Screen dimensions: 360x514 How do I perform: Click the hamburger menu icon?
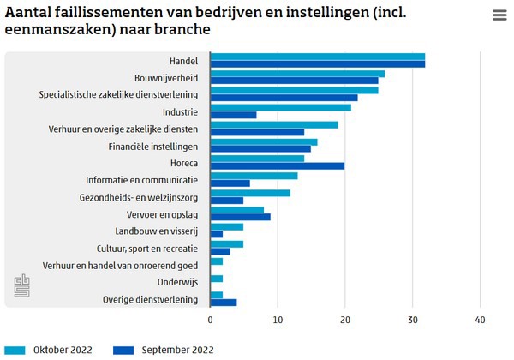click(499, 15)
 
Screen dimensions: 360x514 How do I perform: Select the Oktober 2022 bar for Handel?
click(317, 57)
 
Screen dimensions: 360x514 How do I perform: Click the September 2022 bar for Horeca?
click(277, 165)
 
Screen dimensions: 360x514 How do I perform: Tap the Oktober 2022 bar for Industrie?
click(280, 107)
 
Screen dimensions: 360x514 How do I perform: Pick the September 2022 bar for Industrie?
click(233, 115)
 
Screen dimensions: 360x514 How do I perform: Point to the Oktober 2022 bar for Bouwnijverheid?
click(297, 74)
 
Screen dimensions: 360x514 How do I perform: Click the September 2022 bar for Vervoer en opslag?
click(240, 217)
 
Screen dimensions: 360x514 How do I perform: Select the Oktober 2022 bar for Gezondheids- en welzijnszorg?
click(250, 193)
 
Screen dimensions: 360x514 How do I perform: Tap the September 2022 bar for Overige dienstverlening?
click(223, 302)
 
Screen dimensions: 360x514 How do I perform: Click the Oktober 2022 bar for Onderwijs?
click(217, 279)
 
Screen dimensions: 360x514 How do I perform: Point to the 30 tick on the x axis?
click(412, 320)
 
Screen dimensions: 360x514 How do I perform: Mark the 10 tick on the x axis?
click(278, 320)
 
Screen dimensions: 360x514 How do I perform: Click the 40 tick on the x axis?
click(480, 320)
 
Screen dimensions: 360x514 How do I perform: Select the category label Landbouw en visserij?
click(156, 231)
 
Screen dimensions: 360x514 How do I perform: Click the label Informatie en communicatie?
click(141, 180)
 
